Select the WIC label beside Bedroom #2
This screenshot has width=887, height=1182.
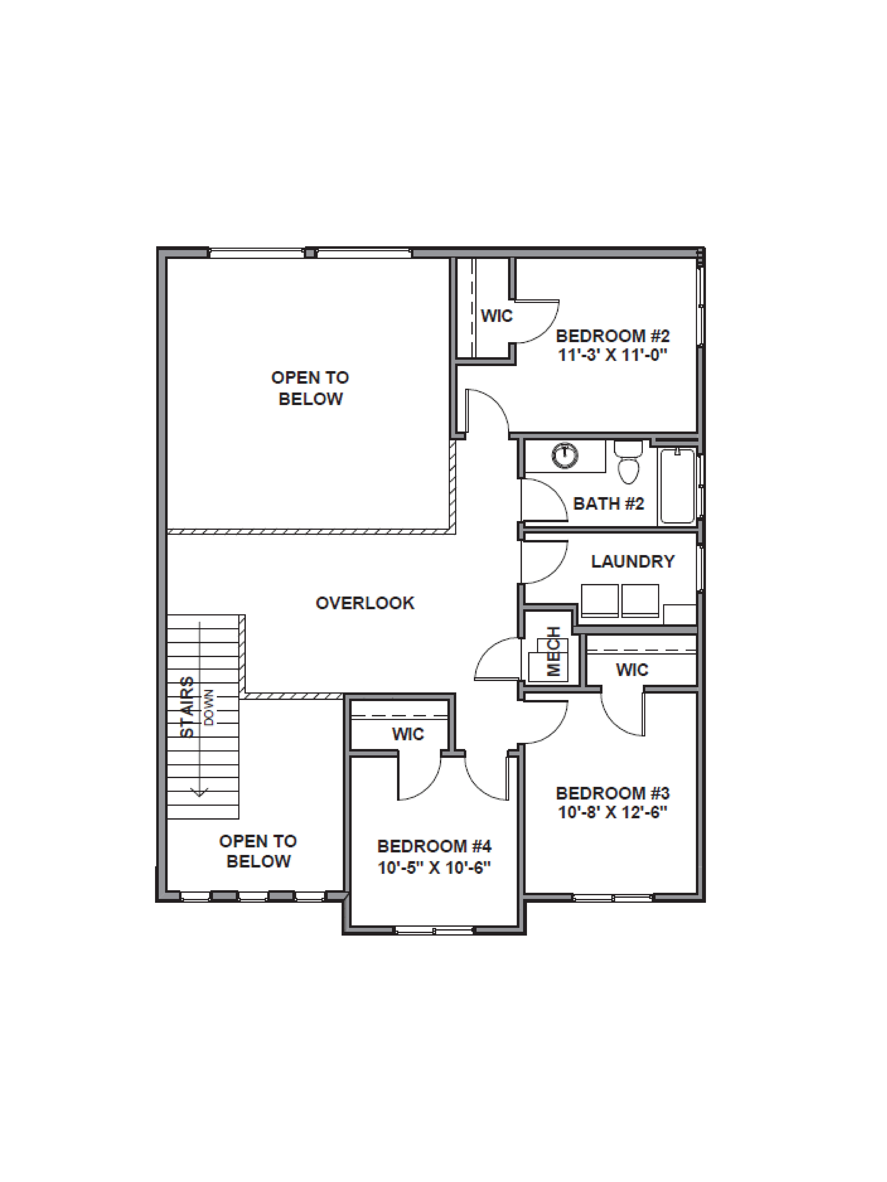tap(496, 316)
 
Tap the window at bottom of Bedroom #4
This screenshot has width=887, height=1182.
tap(434, 931)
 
